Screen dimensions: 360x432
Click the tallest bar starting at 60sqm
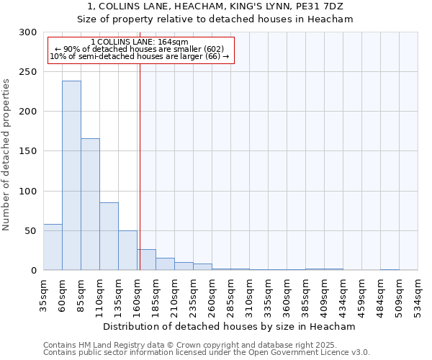(x=71, y=176)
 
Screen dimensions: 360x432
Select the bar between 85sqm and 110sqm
(x=90, y=204)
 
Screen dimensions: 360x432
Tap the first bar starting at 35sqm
(x=53, y=247)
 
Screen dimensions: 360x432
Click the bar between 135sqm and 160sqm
(x=127, y=251)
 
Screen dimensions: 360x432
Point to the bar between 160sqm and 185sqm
(x=147, y=260)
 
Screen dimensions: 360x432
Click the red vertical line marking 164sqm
(x=140, y=166)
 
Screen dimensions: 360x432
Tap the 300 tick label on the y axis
(x=28, y=32)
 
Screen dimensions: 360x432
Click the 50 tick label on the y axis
(x=31, y=231)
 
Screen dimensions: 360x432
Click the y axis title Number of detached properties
(x=6, y=154)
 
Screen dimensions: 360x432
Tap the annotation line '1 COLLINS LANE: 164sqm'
(x=140, y=42)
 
